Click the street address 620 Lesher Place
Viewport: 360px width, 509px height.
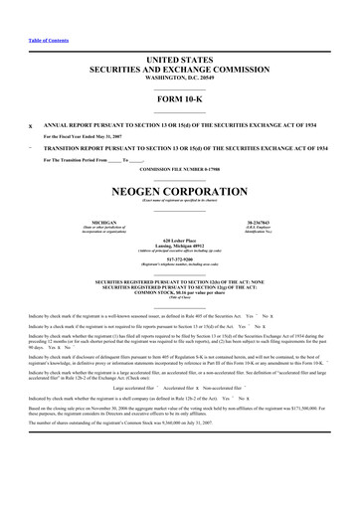click(180, 240)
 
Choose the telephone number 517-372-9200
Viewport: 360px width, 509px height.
click(180, 263)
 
